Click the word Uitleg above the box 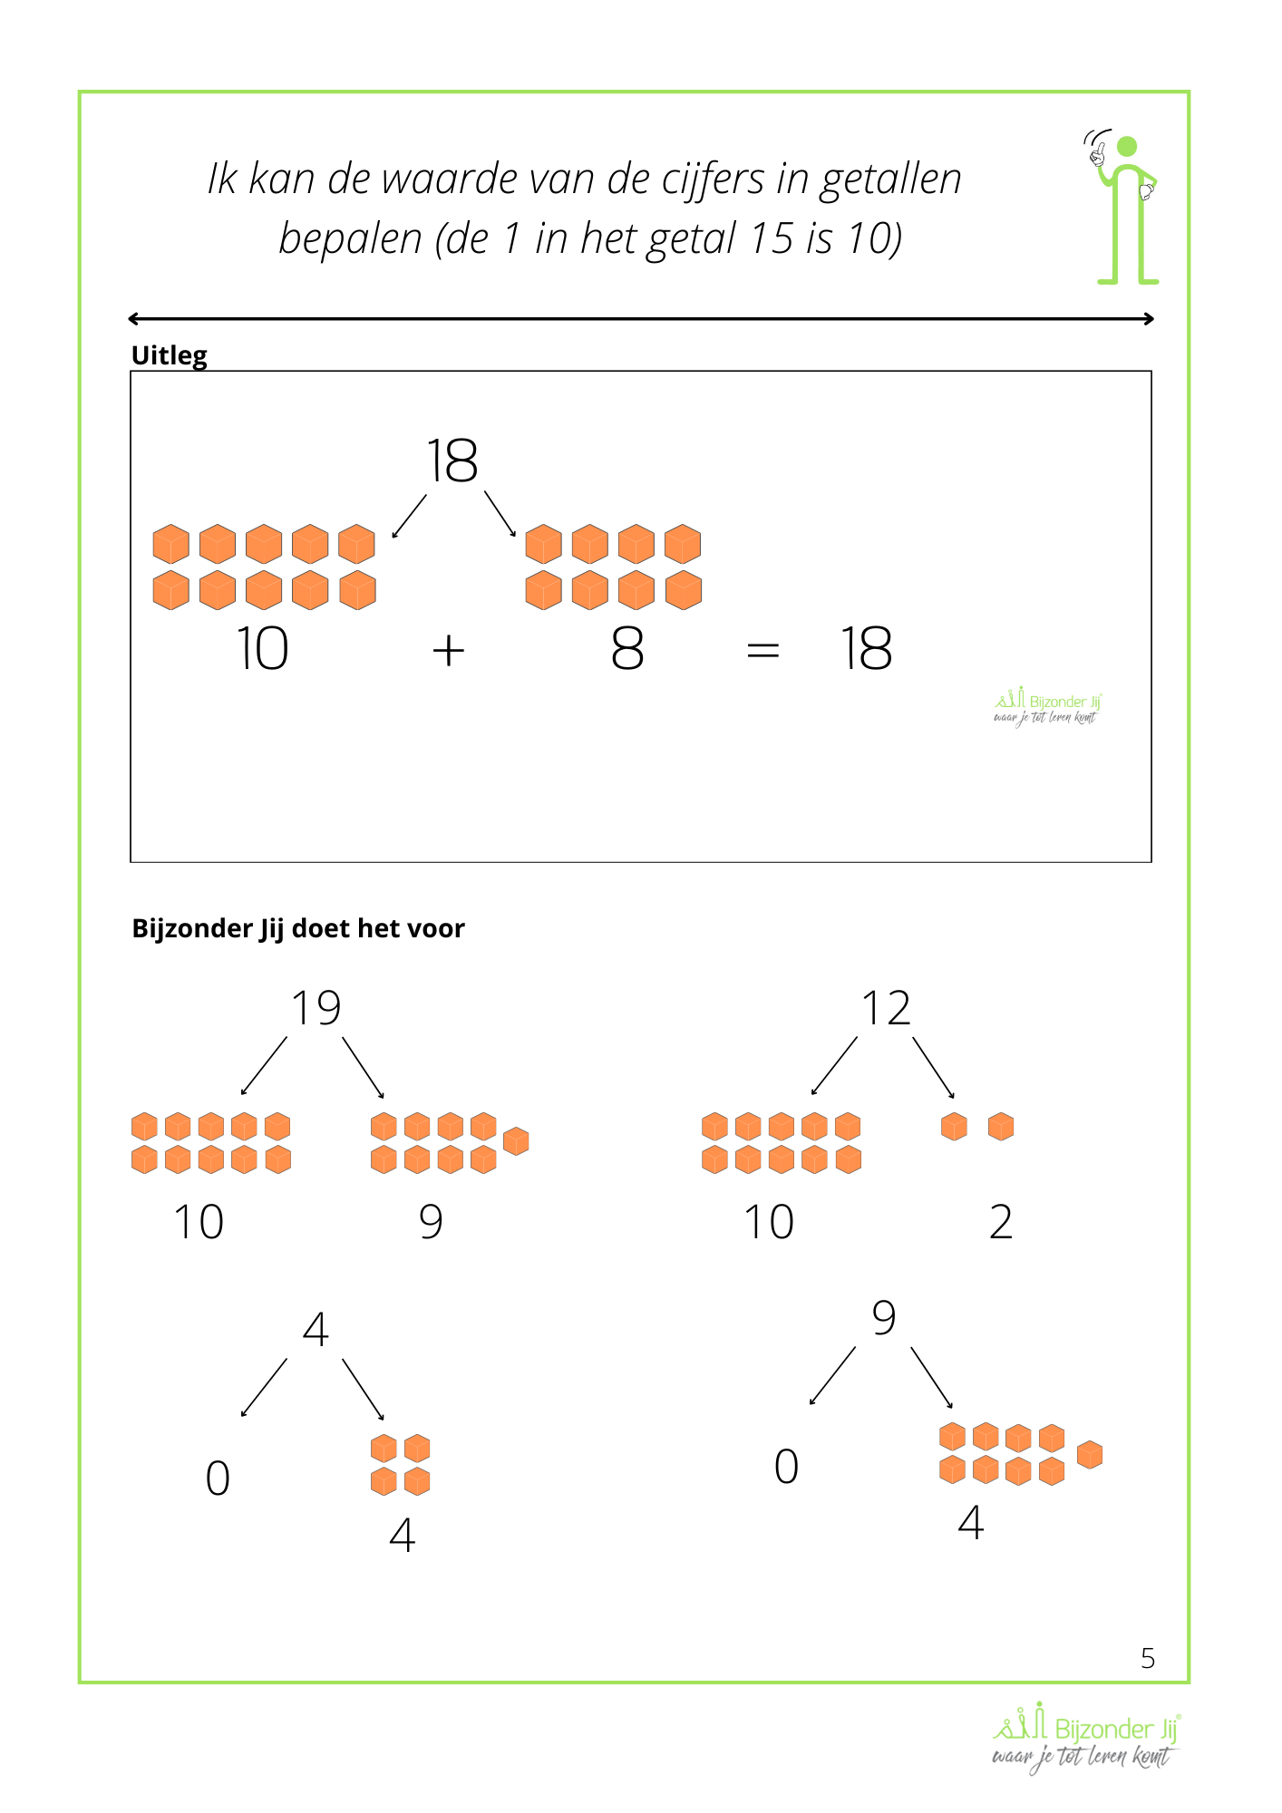tap(170, 354)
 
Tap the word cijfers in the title tap(713, 179)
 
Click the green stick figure tap(1125, 208)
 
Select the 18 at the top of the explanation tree tap(452, 461)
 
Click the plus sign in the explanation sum tap(449, 651)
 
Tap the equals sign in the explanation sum tap(762, 650)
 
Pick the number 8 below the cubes tap(627, 649)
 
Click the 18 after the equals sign tap(866, 649)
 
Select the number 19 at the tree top tap(316, 1008)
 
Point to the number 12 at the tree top tap(886, 1008)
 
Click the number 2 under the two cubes tap(1001, 1222)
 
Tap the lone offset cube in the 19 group tap(516, 1141)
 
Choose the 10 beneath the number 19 tap(199, 1222)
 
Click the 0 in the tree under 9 tap(786, 1466)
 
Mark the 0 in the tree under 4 tap(218, 1478)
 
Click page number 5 tap(1148, 1658)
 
